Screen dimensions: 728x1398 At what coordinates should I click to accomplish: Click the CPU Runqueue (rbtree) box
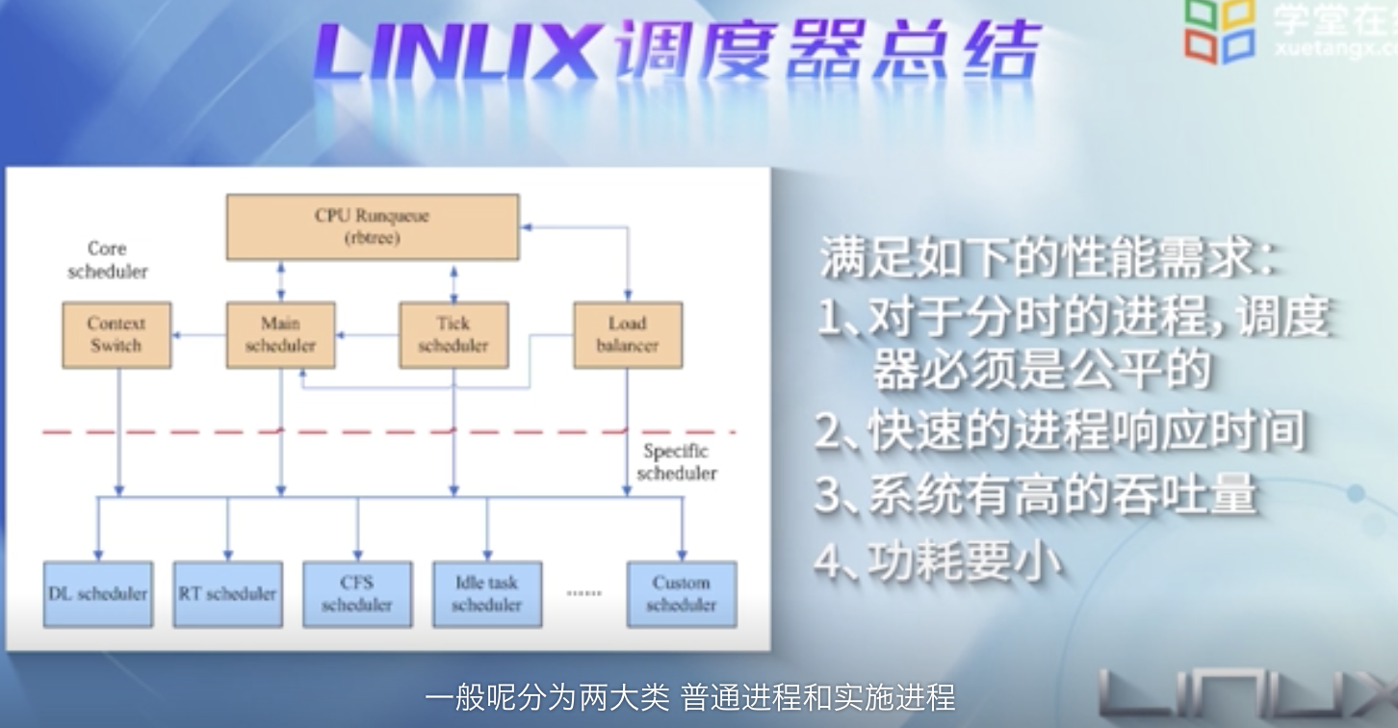[372, 227]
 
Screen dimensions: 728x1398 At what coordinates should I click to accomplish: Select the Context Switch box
[116, 335]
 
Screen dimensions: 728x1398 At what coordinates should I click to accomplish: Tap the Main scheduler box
[280, 335]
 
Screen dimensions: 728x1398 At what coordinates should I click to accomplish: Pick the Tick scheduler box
[453, 335]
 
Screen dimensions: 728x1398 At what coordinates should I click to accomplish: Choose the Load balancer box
[627, 335]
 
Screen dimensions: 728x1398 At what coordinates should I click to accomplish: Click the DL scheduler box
[97, 594]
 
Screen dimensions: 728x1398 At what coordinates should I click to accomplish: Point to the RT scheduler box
[227, 594]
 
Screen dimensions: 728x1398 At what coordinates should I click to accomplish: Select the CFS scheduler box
[356, 594]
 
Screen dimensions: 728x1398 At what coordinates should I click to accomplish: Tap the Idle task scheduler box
[486, 594]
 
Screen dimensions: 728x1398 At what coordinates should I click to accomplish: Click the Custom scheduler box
[681, 594]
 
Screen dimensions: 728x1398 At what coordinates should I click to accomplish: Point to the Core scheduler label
[107, 260]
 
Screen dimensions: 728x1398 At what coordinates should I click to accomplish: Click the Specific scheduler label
[676, 462]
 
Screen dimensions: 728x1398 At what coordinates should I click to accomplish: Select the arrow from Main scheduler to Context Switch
[198, 336]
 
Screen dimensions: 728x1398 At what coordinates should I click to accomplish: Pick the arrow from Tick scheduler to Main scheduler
[367, 336]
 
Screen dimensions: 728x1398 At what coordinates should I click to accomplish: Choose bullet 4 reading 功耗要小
[938, 560]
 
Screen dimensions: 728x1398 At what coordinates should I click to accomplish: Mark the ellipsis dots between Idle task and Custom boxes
[583, 593]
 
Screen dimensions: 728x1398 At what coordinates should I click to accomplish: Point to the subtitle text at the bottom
[689, 696]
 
